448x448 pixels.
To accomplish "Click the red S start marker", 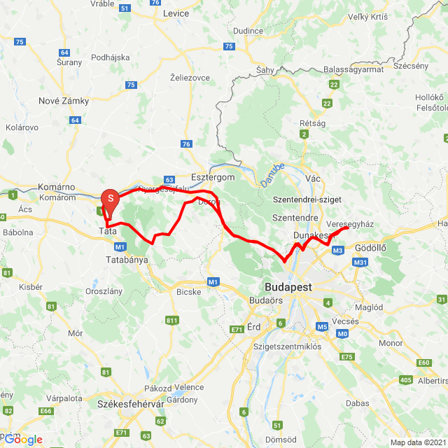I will [110, 199].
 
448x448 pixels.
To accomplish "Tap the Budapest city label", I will [288, 287].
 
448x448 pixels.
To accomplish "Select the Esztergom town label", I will [213, 178].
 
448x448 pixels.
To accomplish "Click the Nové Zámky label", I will [64, 101].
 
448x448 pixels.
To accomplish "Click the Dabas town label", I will [357, 403].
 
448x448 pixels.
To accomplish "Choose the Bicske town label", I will [189, 291].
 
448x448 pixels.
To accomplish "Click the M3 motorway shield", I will [338, 251].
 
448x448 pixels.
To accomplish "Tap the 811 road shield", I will [171, 321].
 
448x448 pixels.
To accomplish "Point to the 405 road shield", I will [406, 380].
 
